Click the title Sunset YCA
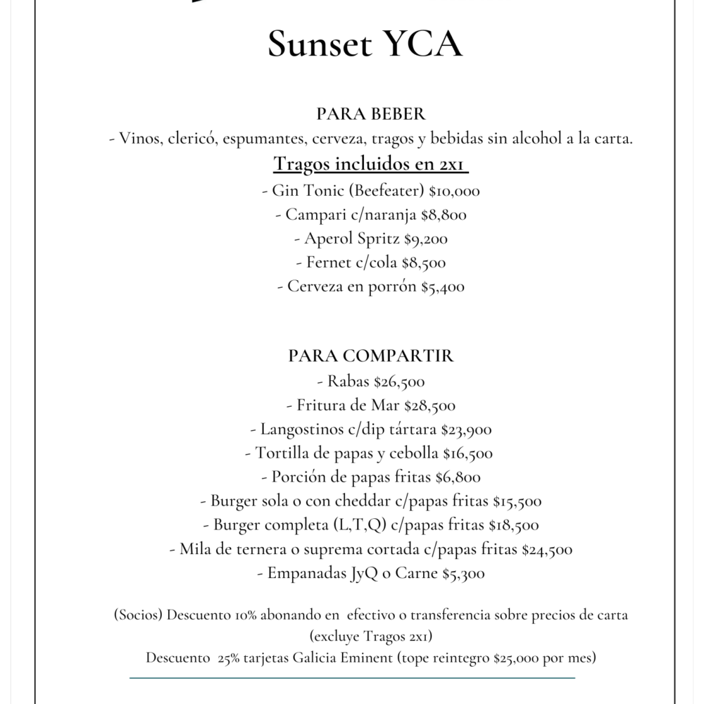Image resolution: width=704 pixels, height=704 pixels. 365,45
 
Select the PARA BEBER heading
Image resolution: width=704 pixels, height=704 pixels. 371,114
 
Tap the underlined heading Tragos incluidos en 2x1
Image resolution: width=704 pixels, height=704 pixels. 371,164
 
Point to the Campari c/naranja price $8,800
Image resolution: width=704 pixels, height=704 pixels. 441,214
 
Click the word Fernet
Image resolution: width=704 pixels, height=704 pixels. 329,263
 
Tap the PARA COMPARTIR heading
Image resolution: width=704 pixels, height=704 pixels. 371,356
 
